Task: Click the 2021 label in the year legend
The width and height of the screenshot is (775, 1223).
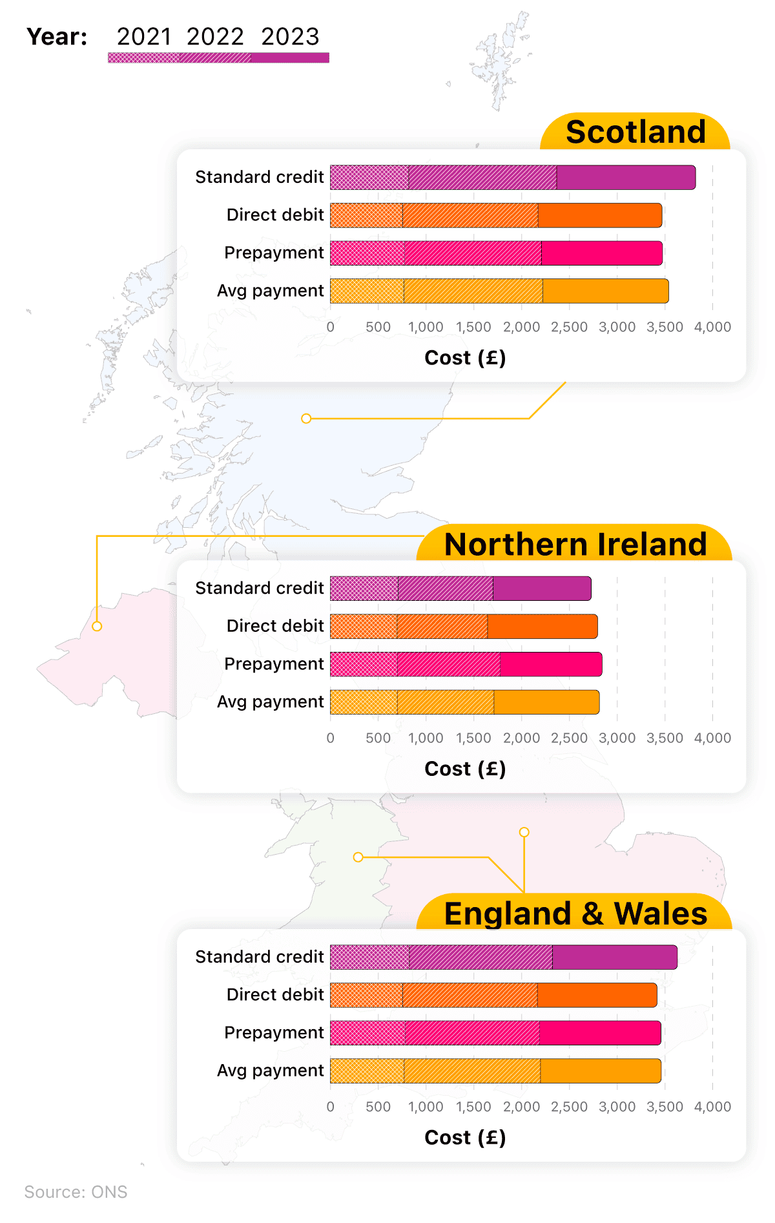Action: click(x=144, y=37)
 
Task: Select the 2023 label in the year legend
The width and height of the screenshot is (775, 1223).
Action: click(x=290, y=37)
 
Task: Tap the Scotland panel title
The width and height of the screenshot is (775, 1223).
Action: click(x=635, y=132)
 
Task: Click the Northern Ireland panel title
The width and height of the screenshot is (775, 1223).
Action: click(x=575, y=544)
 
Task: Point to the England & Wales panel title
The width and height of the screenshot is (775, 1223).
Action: click(x=575, y=914)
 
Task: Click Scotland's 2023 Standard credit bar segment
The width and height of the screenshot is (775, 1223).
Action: click(x=626, y=178)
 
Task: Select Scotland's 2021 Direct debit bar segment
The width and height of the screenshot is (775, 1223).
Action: click(x=366, y=215)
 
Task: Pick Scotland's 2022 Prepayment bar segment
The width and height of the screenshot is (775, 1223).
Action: click(x=473, y=253)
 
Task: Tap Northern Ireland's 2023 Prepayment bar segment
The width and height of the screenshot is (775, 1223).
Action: click(x=551, y=664)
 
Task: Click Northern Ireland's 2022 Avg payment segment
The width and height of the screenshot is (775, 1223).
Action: click(x=446, y=702)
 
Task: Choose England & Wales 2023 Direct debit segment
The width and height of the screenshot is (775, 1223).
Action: click(x=597, y=995)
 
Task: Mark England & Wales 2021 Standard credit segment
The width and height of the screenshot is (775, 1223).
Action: click(x=369, y=957)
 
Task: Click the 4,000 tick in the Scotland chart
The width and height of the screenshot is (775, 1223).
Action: click(x=712, y=327)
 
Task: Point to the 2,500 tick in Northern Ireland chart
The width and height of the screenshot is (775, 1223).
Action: click(x=569, y=738)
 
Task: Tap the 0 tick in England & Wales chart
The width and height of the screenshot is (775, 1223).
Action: click(x=331, y=1107)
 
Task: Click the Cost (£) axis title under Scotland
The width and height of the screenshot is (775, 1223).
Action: click(x=465, y=357)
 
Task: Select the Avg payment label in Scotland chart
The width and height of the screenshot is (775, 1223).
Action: click(x=270, y=291)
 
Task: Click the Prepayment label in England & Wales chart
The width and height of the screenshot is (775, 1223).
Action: click(x=274, y=1032)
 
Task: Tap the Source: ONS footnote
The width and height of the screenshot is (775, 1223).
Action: click(x=76, y=1192)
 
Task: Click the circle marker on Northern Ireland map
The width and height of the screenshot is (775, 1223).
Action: click(x=97, y=626)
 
